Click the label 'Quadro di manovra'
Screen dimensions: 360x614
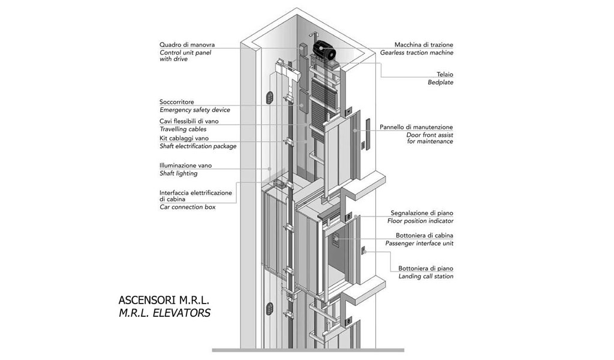tap(186, 45)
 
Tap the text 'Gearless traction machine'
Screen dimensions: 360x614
tap(417, 53)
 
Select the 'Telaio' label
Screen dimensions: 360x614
tap(444, 74)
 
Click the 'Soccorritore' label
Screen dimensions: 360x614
tap(176, 102)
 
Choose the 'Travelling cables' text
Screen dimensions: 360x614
tap(183, 129)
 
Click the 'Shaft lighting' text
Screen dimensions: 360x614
tap(178, 173)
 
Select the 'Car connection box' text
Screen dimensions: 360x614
tap(187, 207)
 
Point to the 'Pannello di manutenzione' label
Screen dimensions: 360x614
tap(416, 127)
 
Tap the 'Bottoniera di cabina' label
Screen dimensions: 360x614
tap(424, 235)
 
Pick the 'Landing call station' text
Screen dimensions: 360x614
tap(426, 276)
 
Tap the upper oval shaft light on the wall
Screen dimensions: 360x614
tap(269, 97)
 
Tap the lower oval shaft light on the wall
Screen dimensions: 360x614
tap(269, 310)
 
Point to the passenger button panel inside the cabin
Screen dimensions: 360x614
tap(336, 241)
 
